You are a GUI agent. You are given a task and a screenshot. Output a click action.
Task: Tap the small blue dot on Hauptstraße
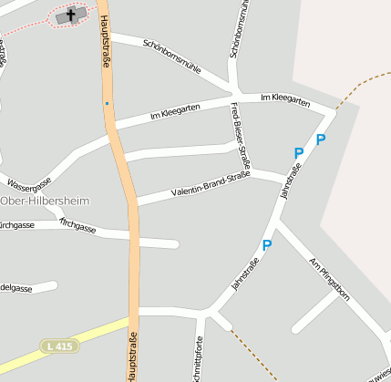pyautogui.click(x=107, y=103)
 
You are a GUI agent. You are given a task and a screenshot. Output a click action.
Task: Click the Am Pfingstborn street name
pyautogui.click(x=329, y=276)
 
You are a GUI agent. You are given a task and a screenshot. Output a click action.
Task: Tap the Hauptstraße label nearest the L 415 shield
pyautogui.click(x=133, y=356)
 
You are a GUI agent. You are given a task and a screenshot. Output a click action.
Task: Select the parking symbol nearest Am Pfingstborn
pyautogui.click(x=267, y=245)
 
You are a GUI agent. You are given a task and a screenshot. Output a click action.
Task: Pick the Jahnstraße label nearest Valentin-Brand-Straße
pyautogui.click(x=290, y=181)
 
